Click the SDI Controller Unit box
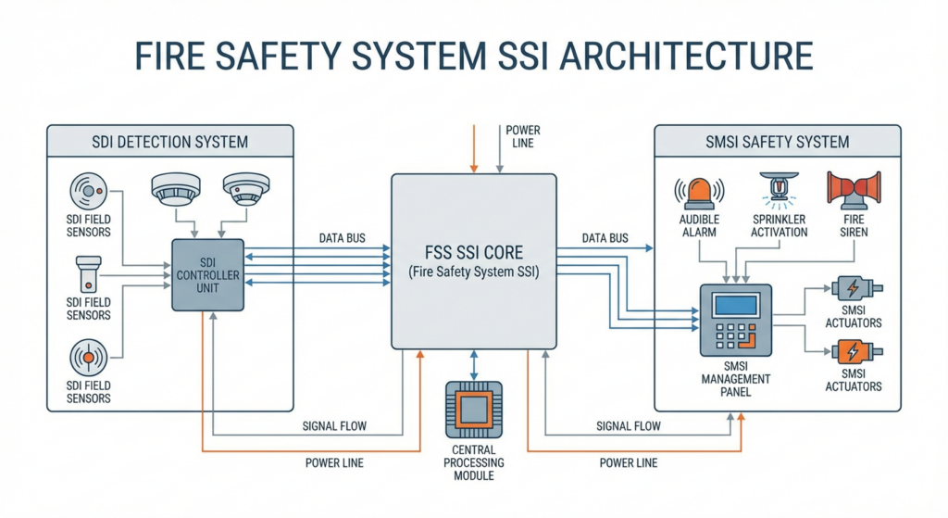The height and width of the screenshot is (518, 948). (208, 274)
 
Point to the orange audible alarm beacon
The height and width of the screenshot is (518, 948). (700, 190)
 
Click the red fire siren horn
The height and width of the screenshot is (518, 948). (854, 191)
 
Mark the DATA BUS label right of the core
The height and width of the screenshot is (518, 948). (605, 238)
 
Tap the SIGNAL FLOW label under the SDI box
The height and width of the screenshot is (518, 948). (334, 426)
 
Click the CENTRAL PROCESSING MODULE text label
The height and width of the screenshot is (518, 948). (474, 462)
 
